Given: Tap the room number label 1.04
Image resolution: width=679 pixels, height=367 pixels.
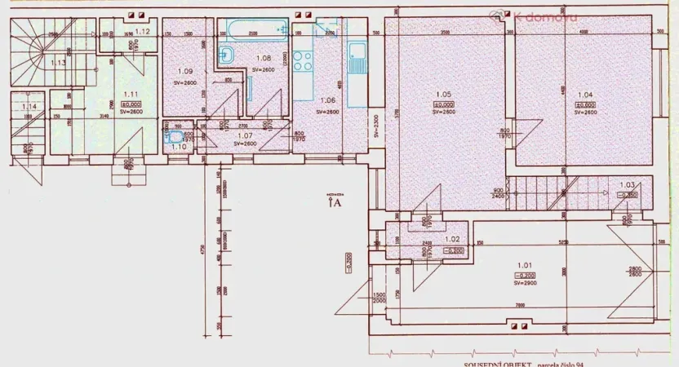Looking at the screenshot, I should (x=585, y=95).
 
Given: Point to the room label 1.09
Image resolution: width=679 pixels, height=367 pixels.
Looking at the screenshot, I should (x=184, y=71).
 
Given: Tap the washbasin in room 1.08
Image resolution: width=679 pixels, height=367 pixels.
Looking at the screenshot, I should (x=228, y=55).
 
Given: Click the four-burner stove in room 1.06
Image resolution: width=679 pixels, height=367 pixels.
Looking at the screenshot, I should (x=304, y=60).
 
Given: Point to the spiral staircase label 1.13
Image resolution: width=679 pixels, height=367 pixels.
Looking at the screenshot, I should (x=59, y=62).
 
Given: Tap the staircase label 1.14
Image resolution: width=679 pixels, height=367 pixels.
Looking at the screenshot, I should (x=29, y=106).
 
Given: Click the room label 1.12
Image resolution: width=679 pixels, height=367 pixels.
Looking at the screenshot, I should (x=142, y=31).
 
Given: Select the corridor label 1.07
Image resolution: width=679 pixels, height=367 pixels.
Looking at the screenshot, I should (x=245, y=135).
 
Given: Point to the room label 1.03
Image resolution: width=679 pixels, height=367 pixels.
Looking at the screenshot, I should (x=627, y=185).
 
